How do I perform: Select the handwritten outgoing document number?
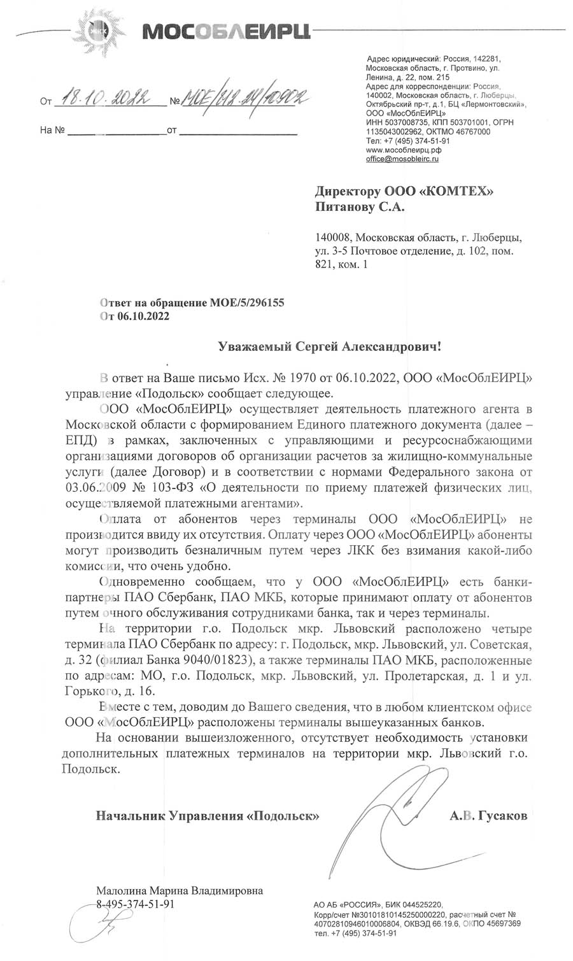tap(246, 97)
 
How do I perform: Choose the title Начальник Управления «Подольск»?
tap(208, 815)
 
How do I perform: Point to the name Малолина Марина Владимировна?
tap(179, 890)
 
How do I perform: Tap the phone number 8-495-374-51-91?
tap(135, 904)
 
